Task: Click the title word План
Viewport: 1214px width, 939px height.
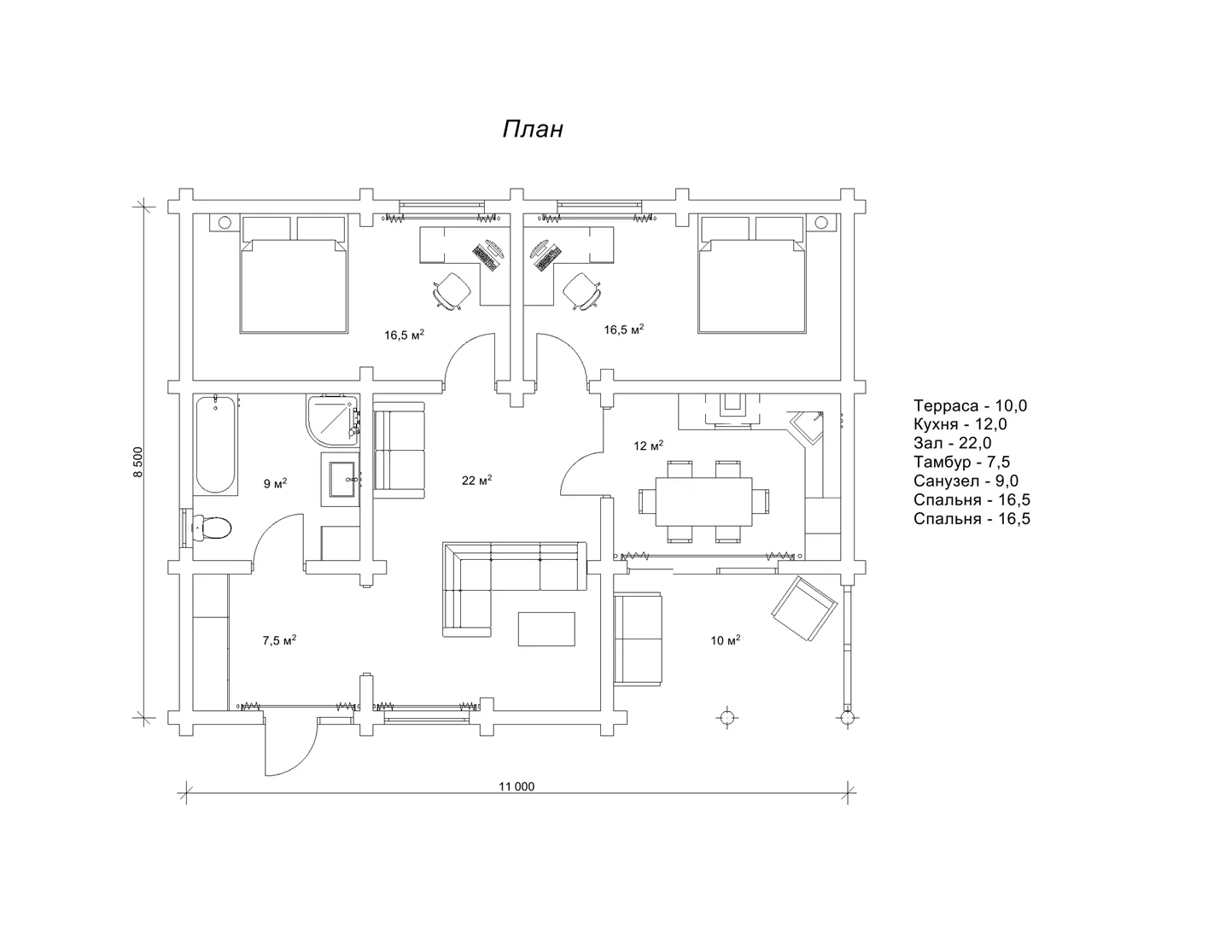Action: (x=533, y=130)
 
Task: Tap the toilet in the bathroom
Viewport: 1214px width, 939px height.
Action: (x=211, y=528)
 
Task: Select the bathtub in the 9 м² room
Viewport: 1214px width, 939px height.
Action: (x=215, y=444)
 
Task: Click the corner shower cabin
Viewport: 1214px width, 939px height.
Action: (x=332, y=421)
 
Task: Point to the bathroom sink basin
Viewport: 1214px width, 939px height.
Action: (x=342, y=479)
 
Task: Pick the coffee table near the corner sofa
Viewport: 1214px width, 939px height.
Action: (x=546, y=629)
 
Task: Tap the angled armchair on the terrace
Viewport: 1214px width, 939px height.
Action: (x=804, y=609)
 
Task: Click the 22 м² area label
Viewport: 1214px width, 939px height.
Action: (x=476, y=480)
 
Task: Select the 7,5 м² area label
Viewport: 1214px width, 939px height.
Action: (x=279, y=640)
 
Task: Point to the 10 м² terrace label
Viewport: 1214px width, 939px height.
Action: (x=725, y=640)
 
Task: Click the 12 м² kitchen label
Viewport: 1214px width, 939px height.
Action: (x=648, y=446)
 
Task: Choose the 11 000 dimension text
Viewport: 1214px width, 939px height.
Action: (x=517, y=786)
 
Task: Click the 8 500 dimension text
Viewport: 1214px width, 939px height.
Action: (x=138, y=462)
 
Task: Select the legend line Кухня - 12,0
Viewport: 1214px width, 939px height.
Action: (x=960, y=424)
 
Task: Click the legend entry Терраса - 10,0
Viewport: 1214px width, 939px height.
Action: (x=970, y=405)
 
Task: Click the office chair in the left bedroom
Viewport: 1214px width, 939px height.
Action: (x=452, y=291)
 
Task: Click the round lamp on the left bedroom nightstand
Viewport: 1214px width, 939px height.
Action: (x=225, y=222)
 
